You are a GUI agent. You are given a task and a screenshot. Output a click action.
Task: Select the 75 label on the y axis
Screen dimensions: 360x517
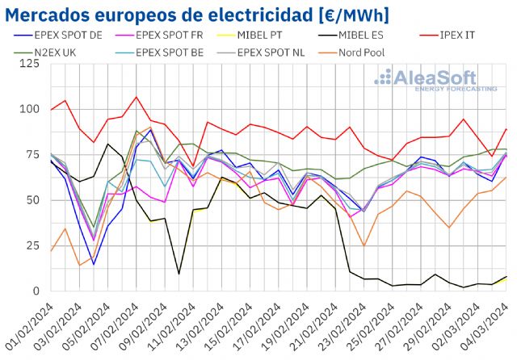(x=30, y=154)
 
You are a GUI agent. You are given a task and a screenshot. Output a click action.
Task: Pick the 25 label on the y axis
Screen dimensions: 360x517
(x=30, y=245)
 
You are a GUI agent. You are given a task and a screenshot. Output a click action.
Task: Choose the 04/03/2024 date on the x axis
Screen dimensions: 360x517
(x=487, y=324)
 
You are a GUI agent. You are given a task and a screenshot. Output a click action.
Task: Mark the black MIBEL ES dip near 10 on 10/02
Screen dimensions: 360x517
(x=179, y=274)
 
